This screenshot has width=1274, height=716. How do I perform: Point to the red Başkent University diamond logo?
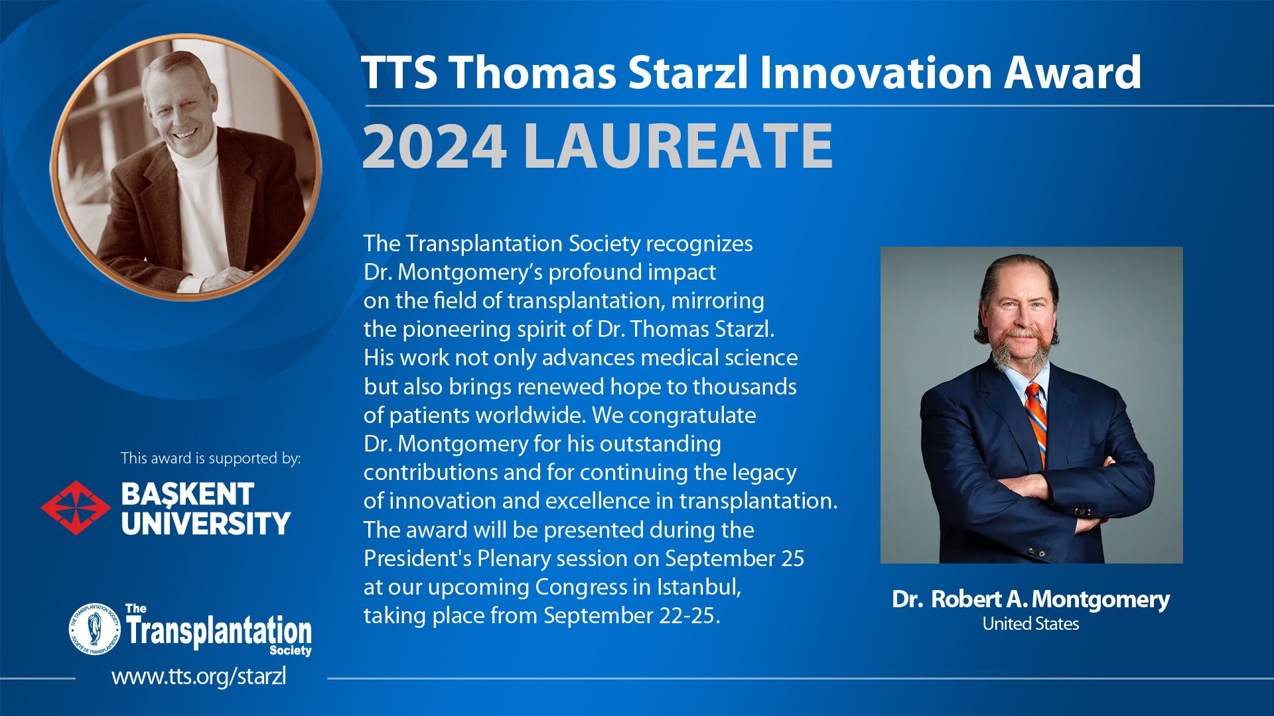coord(76,508)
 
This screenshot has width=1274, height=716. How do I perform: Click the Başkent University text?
coord(206,508)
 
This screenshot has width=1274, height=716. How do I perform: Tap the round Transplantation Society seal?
coord(95,629)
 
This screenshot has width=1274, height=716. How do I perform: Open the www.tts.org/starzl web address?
coord(199,677)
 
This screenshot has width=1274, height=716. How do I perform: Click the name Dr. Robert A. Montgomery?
coord(1030,599)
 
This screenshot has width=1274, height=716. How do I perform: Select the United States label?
coord(1030,624)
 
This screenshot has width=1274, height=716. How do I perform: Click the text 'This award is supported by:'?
coord(211,458)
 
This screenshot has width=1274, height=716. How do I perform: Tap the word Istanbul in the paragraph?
coord(699,587)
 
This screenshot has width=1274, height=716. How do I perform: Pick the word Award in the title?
coord(1072,72)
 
